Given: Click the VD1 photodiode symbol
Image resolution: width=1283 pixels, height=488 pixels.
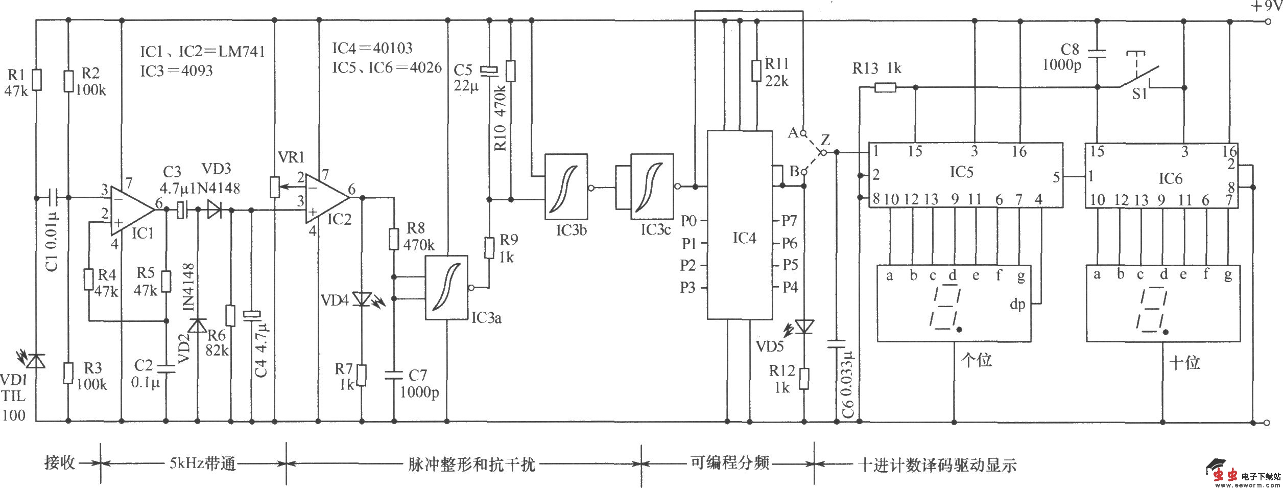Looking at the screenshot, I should [36, 361].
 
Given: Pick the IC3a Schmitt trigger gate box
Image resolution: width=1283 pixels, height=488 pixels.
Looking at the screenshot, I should [447, 288].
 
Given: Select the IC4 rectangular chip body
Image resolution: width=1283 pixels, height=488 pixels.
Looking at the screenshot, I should [739, 225].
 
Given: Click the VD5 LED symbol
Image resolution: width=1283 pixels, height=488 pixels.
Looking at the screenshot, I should [804, 326].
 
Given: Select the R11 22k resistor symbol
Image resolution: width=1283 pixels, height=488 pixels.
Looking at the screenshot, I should [757, 71].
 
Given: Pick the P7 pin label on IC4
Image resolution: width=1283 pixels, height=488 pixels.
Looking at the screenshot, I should [789, 221].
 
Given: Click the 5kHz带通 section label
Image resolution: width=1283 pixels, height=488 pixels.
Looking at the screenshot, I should [203, 463].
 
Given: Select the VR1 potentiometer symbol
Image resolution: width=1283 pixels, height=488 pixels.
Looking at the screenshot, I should [275, 188].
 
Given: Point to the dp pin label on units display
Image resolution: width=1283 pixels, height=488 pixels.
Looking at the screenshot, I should [1017, 305].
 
